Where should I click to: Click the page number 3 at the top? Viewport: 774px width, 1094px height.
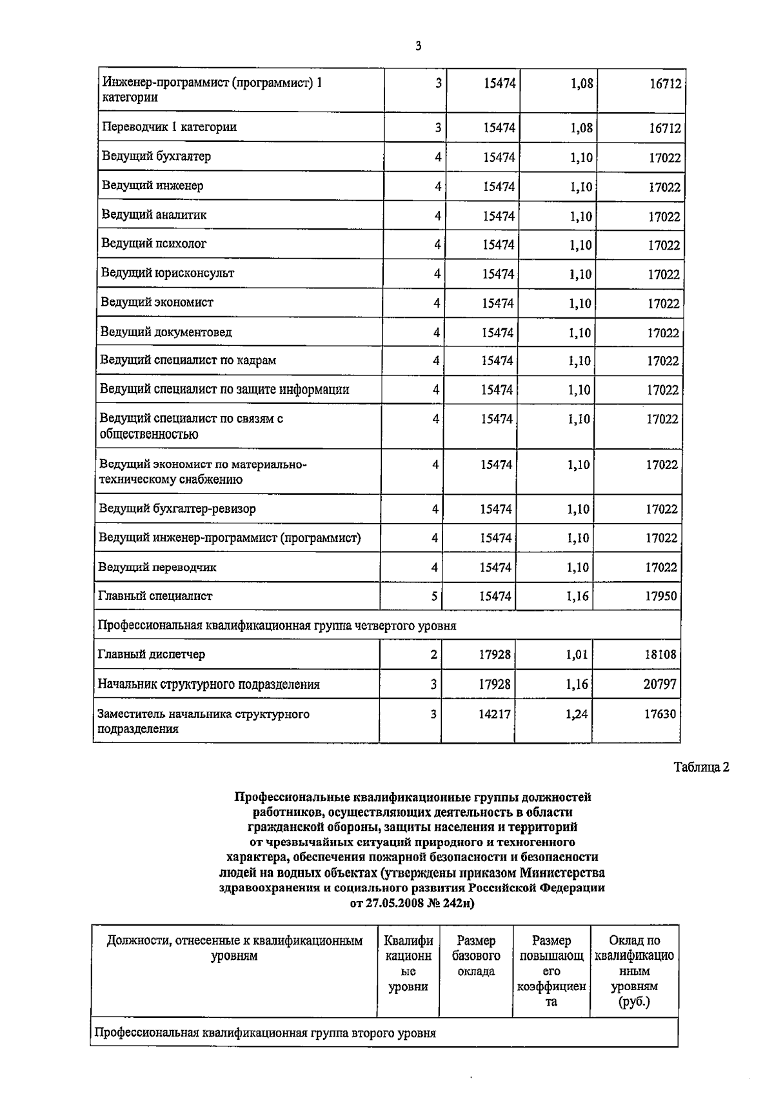click(x=418, y=46)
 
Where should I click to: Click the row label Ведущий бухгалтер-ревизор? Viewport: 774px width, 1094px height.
click(x=177, y=509)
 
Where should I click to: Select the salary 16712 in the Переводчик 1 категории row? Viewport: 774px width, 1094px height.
click(x=664, y=128)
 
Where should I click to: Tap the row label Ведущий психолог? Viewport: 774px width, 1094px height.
click(x=154, y=244)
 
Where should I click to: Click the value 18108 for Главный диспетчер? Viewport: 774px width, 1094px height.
click(x=660, y=655)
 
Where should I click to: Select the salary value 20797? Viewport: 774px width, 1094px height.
click(x=660, y=684)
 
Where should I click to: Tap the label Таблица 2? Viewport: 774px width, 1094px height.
click(x=701, y=768)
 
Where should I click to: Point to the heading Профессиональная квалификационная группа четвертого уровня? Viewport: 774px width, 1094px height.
click(x=277, y=626)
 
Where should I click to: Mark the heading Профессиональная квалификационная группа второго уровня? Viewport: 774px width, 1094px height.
click(x=265, y=1033)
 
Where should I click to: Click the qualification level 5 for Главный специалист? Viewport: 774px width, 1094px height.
click(x=435, y=597)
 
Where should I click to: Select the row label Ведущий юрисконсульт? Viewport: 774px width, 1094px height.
click(x=167, y=273)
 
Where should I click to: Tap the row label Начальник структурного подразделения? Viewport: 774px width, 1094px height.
click(x=208, y=684)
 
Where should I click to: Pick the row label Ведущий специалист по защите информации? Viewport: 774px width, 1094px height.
click(x=224, y=390)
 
